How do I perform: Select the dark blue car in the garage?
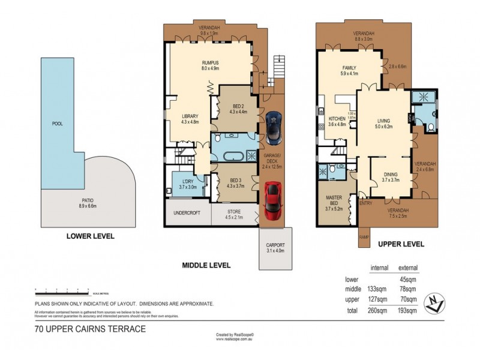pyautogui.click(x=274, y=127)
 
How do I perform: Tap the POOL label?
pyautogui.click(x=58, y=124)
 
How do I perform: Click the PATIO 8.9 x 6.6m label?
pyautogui.click(x=88, y=202)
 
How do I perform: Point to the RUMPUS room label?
pyautogui.click(x=209, y=65)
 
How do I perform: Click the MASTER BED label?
pyautogui.click(x=334, y=202)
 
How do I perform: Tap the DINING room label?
pyautogui.click(x=391, y=176)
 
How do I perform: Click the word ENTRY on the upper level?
pyautogui.click(x=365, y=203)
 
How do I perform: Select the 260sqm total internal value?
pyautogui.click(x=377, y=311)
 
